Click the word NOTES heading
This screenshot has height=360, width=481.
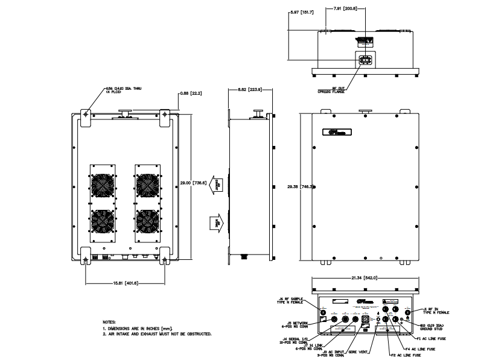click(109, 322)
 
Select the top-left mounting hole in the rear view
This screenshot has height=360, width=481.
click(86, 113)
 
